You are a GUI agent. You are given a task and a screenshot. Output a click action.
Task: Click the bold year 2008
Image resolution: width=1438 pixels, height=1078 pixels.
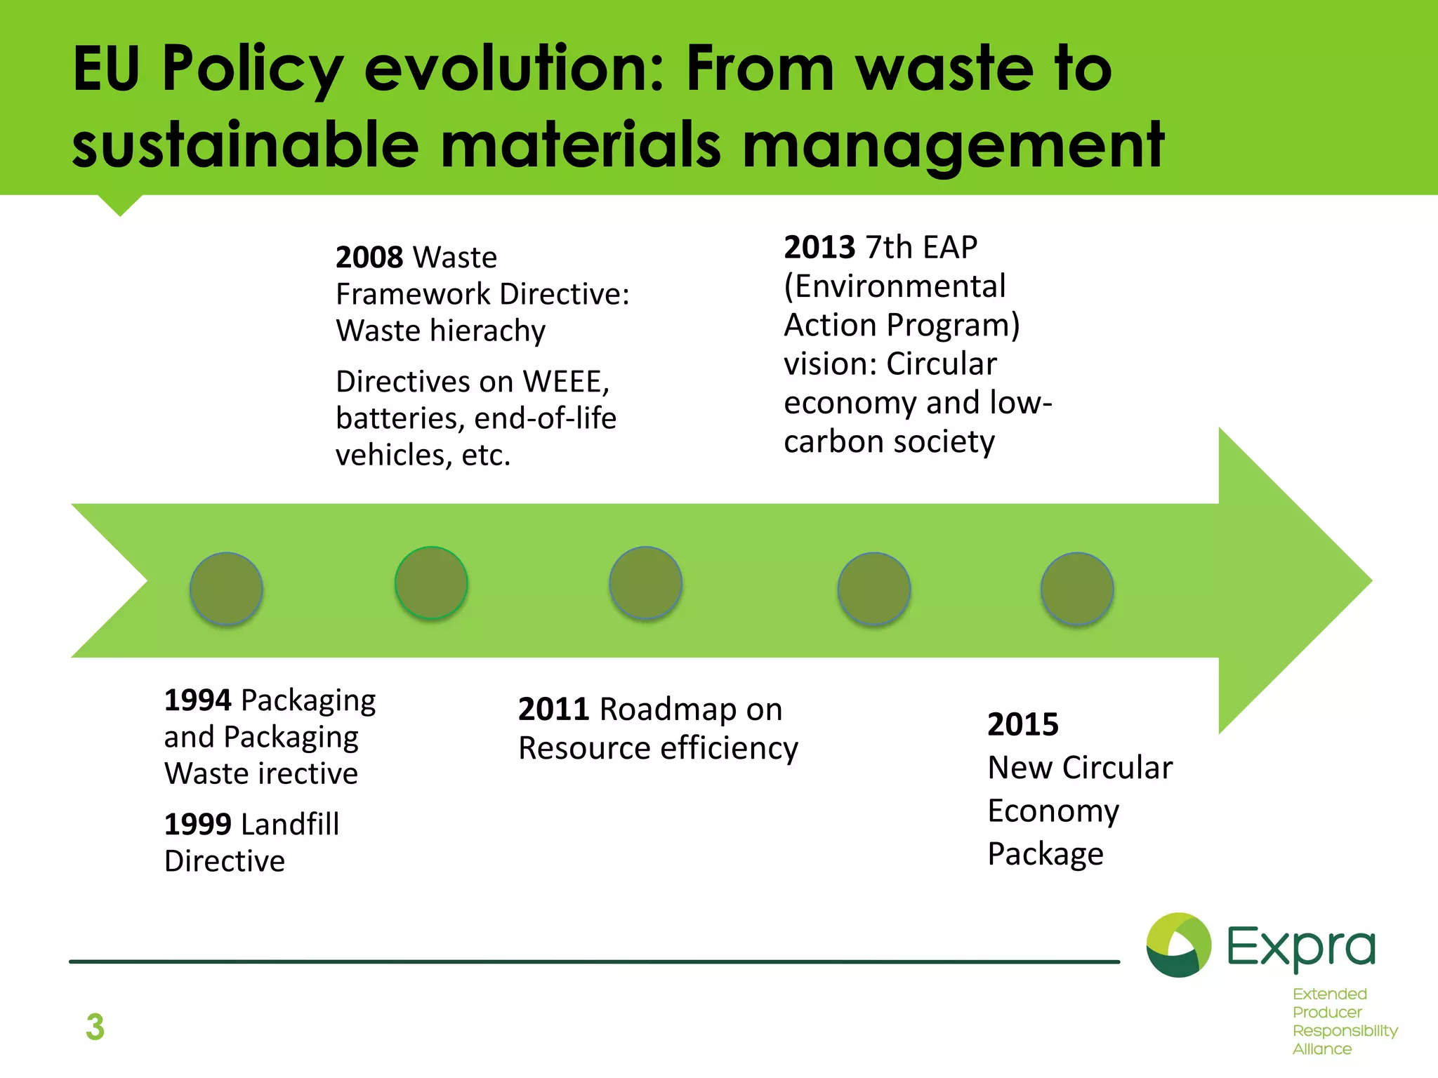coord(369,258)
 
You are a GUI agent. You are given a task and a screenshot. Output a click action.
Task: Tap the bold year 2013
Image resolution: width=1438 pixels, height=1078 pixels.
coord(819,248)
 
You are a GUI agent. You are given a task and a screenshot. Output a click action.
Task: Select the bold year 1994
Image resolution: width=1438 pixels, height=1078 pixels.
coord(197,700)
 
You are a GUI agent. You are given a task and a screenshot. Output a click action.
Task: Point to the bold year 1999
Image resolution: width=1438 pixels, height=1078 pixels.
coord(197,825)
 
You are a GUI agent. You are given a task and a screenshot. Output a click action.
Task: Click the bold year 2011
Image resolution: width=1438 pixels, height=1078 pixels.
coord(553,710)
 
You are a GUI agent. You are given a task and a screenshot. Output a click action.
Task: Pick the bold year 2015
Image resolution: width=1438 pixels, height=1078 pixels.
coord(1022,725)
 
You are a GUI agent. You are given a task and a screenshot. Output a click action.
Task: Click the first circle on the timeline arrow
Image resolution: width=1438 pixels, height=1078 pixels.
coord(226,589)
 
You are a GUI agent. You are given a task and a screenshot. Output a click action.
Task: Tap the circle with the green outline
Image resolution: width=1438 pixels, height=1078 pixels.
coord(431,583)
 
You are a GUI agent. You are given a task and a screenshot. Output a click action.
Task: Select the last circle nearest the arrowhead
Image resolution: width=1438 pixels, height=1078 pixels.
coord(1076,589)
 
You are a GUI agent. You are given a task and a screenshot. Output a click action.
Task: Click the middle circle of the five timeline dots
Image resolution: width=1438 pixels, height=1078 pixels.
coord(645,583)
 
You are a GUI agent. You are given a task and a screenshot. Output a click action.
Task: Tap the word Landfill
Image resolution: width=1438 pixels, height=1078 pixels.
coord(290,825)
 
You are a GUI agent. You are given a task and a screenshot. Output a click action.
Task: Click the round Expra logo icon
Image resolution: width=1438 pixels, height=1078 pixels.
coord(1178,945)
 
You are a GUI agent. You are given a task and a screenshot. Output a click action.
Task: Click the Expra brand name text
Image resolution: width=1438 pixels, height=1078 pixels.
coord(1300,947)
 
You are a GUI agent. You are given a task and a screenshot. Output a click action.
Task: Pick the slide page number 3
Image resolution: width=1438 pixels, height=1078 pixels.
coord(95,1027)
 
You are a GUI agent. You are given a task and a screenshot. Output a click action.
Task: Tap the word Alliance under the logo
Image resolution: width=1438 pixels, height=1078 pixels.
coord(1321,1049)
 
